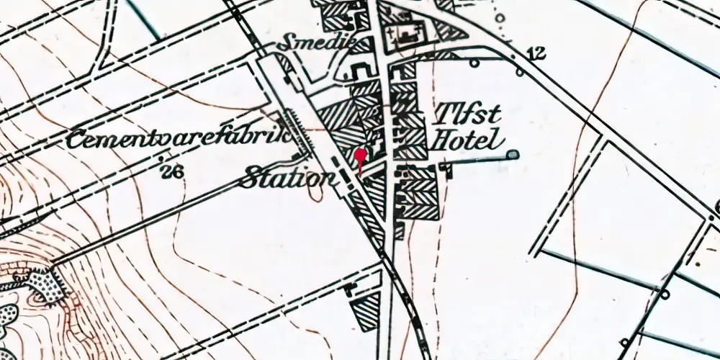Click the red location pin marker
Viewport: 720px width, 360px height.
tap(361, 155)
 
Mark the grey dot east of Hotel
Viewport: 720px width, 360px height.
tap(512, 154)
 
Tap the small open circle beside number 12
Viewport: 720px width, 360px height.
tap(519, 72)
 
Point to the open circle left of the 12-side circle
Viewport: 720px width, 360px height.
tap(474, 63)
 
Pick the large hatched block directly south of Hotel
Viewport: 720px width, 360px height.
tap(418, 191)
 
